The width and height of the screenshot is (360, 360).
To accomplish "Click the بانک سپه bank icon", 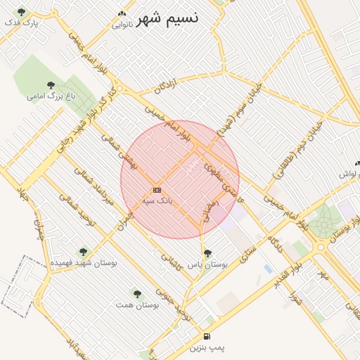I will point(157,190).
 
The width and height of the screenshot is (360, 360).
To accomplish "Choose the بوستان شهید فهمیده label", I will point(83,262).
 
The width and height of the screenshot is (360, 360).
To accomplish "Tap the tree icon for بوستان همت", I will point(136,294).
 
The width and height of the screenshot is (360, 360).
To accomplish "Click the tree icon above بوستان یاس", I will point(207,253).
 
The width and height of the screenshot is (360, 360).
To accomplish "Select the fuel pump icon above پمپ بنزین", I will point(206,336).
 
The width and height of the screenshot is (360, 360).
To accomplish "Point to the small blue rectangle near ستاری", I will point(267,269).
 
